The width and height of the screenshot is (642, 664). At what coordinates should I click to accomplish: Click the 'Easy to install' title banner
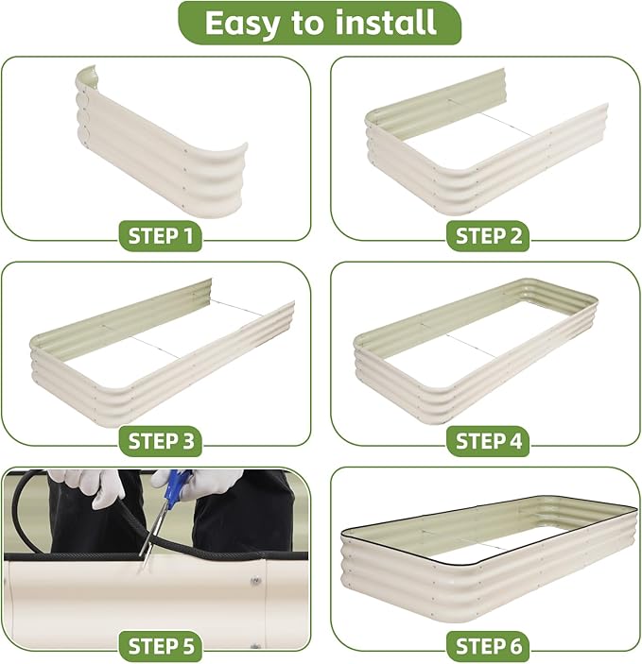pyautogui.click(x=320, y=23)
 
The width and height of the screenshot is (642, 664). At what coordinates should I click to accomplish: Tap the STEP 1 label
pyautogui.click(x=160, y=236)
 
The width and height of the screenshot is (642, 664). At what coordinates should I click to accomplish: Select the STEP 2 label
pyautogui.click(x=488, y=236)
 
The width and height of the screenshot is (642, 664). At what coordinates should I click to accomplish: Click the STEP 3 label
pyautogui.click(x=161, y=441)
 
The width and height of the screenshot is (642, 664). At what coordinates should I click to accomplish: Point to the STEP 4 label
pyautogui.click(x=488, y=441)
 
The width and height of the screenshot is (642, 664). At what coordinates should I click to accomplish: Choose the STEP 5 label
pyautogui.click(x=161, y=646)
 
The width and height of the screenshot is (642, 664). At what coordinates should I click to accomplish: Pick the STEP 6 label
pyautogui.click(x=488, y=646)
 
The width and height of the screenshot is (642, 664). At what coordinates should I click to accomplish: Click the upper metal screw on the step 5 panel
pyautogui.click(x=255, y=581)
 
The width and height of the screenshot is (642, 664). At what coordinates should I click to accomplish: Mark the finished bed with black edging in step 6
pyautogui.click(x=488, y=559)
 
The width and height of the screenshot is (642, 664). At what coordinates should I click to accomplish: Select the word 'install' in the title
pyautogui.click(x=386, y=23)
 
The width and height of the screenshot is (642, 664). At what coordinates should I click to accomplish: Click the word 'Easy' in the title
pyautogui.click(x=242, y=25)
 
